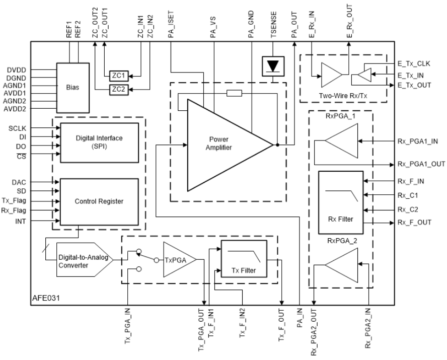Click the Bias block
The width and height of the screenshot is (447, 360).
tap(72, 85)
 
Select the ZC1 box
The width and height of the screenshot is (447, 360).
tap(118, 76)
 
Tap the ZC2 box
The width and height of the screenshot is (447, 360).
tap(118, 90)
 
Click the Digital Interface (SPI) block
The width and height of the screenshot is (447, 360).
tap(99, 141)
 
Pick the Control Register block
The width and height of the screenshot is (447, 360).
tap(99, 201)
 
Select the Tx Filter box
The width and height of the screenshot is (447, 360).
tap(244, 262)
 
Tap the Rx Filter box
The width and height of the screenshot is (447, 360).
tap(341, 201)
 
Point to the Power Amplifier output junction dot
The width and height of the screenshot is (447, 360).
tap(278, 145)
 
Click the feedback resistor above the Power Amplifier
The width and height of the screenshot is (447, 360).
tap(234, 93)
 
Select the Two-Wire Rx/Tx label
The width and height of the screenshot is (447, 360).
tap(343, 95)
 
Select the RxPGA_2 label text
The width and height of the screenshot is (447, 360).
tap(341, 241)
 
